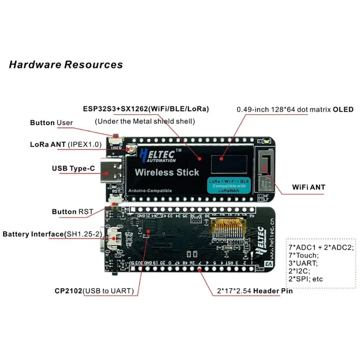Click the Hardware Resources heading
point(66,65)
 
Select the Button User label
point(51,123)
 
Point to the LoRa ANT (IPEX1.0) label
point(66,145)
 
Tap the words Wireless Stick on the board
point(167,172)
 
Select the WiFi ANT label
point(308,187)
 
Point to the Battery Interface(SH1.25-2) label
point(52,234)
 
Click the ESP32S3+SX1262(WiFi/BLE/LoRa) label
point(146,108)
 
